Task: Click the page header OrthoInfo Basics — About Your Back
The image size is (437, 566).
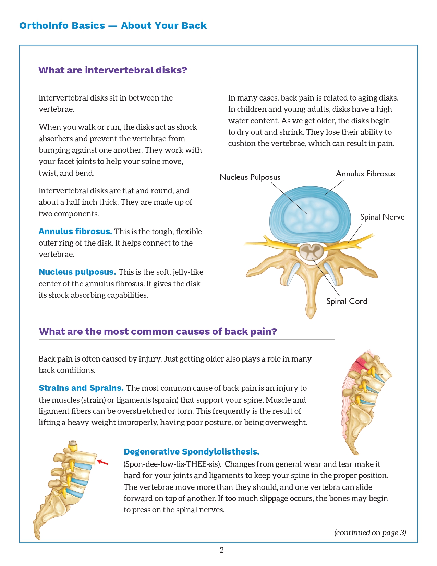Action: coord(113,26)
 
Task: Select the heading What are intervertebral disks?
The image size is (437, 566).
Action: coord(113,70)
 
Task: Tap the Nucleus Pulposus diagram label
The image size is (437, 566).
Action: coord(250,177)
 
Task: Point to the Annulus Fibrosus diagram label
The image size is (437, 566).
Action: coord(365,174)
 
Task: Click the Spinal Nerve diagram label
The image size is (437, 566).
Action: coord(382,217)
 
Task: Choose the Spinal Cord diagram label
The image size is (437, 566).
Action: coord(347,302)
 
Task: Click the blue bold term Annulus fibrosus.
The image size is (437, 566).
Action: coord(75,232)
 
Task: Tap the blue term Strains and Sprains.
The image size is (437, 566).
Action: coord(81,388)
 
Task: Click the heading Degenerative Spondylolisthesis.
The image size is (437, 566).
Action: coord(192,452)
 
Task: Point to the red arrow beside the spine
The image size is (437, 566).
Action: coord(103,463)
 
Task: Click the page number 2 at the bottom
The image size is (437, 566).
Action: coord(222,550)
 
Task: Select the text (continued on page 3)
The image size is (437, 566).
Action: coord(370,533)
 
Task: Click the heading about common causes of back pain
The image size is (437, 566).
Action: coord(158,332)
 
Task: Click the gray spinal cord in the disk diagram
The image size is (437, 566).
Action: coord(311,252)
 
